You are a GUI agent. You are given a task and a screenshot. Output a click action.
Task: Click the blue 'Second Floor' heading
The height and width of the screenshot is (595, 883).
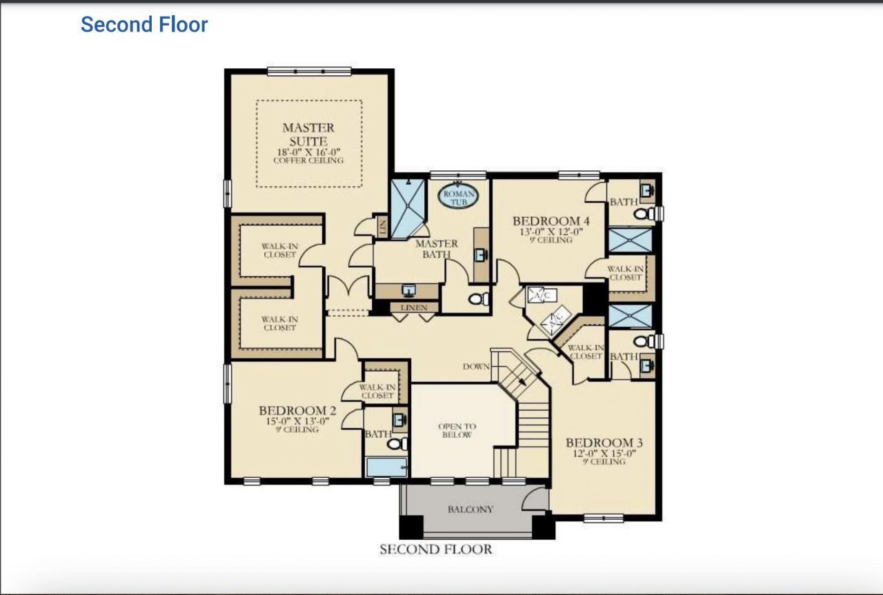pyautogui.click(x=144, y=25)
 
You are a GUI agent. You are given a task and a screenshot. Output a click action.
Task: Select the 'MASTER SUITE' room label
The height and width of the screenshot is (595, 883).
pyautogui.click(x=308, y=134)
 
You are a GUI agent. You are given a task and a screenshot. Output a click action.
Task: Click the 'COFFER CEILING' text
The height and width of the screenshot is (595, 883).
pyautogui.click(x=308, y=161)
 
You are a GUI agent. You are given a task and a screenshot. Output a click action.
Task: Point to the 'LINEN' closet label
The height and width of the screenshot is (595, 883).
pyautogui.click(x=414, y=307)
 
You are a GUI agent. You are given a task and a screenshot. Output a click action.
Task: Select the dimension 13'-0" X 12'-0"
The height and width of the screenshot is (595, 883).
pyautogui.click(x=551, y=232)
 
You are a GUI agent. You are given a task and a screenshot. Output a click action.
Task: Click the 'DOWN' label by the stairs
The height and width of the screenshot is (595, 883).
pyautogui.click(x=476, y=366)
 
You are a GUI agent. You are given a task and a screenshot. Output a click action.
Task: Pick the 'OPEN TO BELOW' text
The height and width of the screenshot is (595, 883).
pyautogui.click(x=457, y=431)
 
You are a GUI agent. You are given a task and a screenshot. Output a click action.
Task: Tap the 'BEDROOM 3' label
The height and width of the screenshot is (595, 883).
pyautogui.click(x=599, y=443)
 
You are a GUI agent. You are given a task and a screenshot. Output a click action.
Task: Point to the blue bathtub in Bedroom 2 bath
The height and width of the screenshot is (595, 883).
pyautogui.click(x=386, y=467)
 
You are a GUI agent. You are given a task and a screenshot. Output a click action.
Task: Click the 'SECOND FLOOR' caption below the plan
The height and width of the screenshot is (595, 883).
pyautogui.click(x=436, y=549)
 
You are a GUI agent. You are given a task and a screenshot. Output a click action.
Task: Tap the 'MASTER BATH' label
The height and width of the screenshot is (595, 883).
pyautogui.click(x=436, y=249)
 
